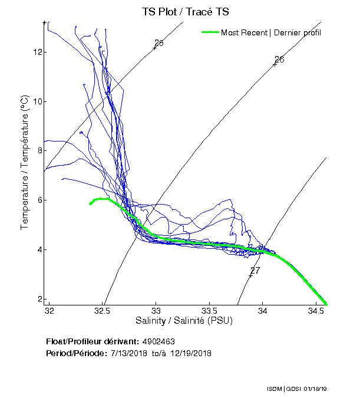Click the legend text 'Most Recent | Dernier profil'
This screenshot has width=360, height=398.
tap(271, 32)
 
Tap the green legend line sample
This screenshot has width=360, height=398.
tap(210, 32)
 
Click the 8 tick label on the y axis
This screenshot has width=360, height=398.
tap(39, 150)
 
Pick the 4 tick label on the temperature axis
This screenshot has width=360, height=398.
tap(39, 249)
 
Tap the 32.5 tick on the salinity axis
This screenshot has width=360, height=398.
tap(103, 311)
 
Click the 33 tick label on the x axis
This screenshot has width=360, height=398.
tap(156, 311)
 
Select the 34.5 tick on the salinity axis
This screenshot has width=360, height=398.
tap(316, 311)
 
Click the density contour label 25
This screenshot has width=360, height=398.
tap(159, 43)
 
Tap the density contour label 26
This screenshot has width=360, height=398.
tap(280, 60)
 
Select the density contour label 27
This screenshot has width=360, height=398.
tap(255, 270)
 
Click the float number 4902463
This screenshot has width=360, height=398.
tap(158, 342)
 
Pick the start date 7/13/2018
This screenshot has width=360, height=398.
tap(130, 353)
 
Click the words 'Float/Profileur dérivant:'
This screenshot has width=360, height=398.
tap(93, 342)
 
